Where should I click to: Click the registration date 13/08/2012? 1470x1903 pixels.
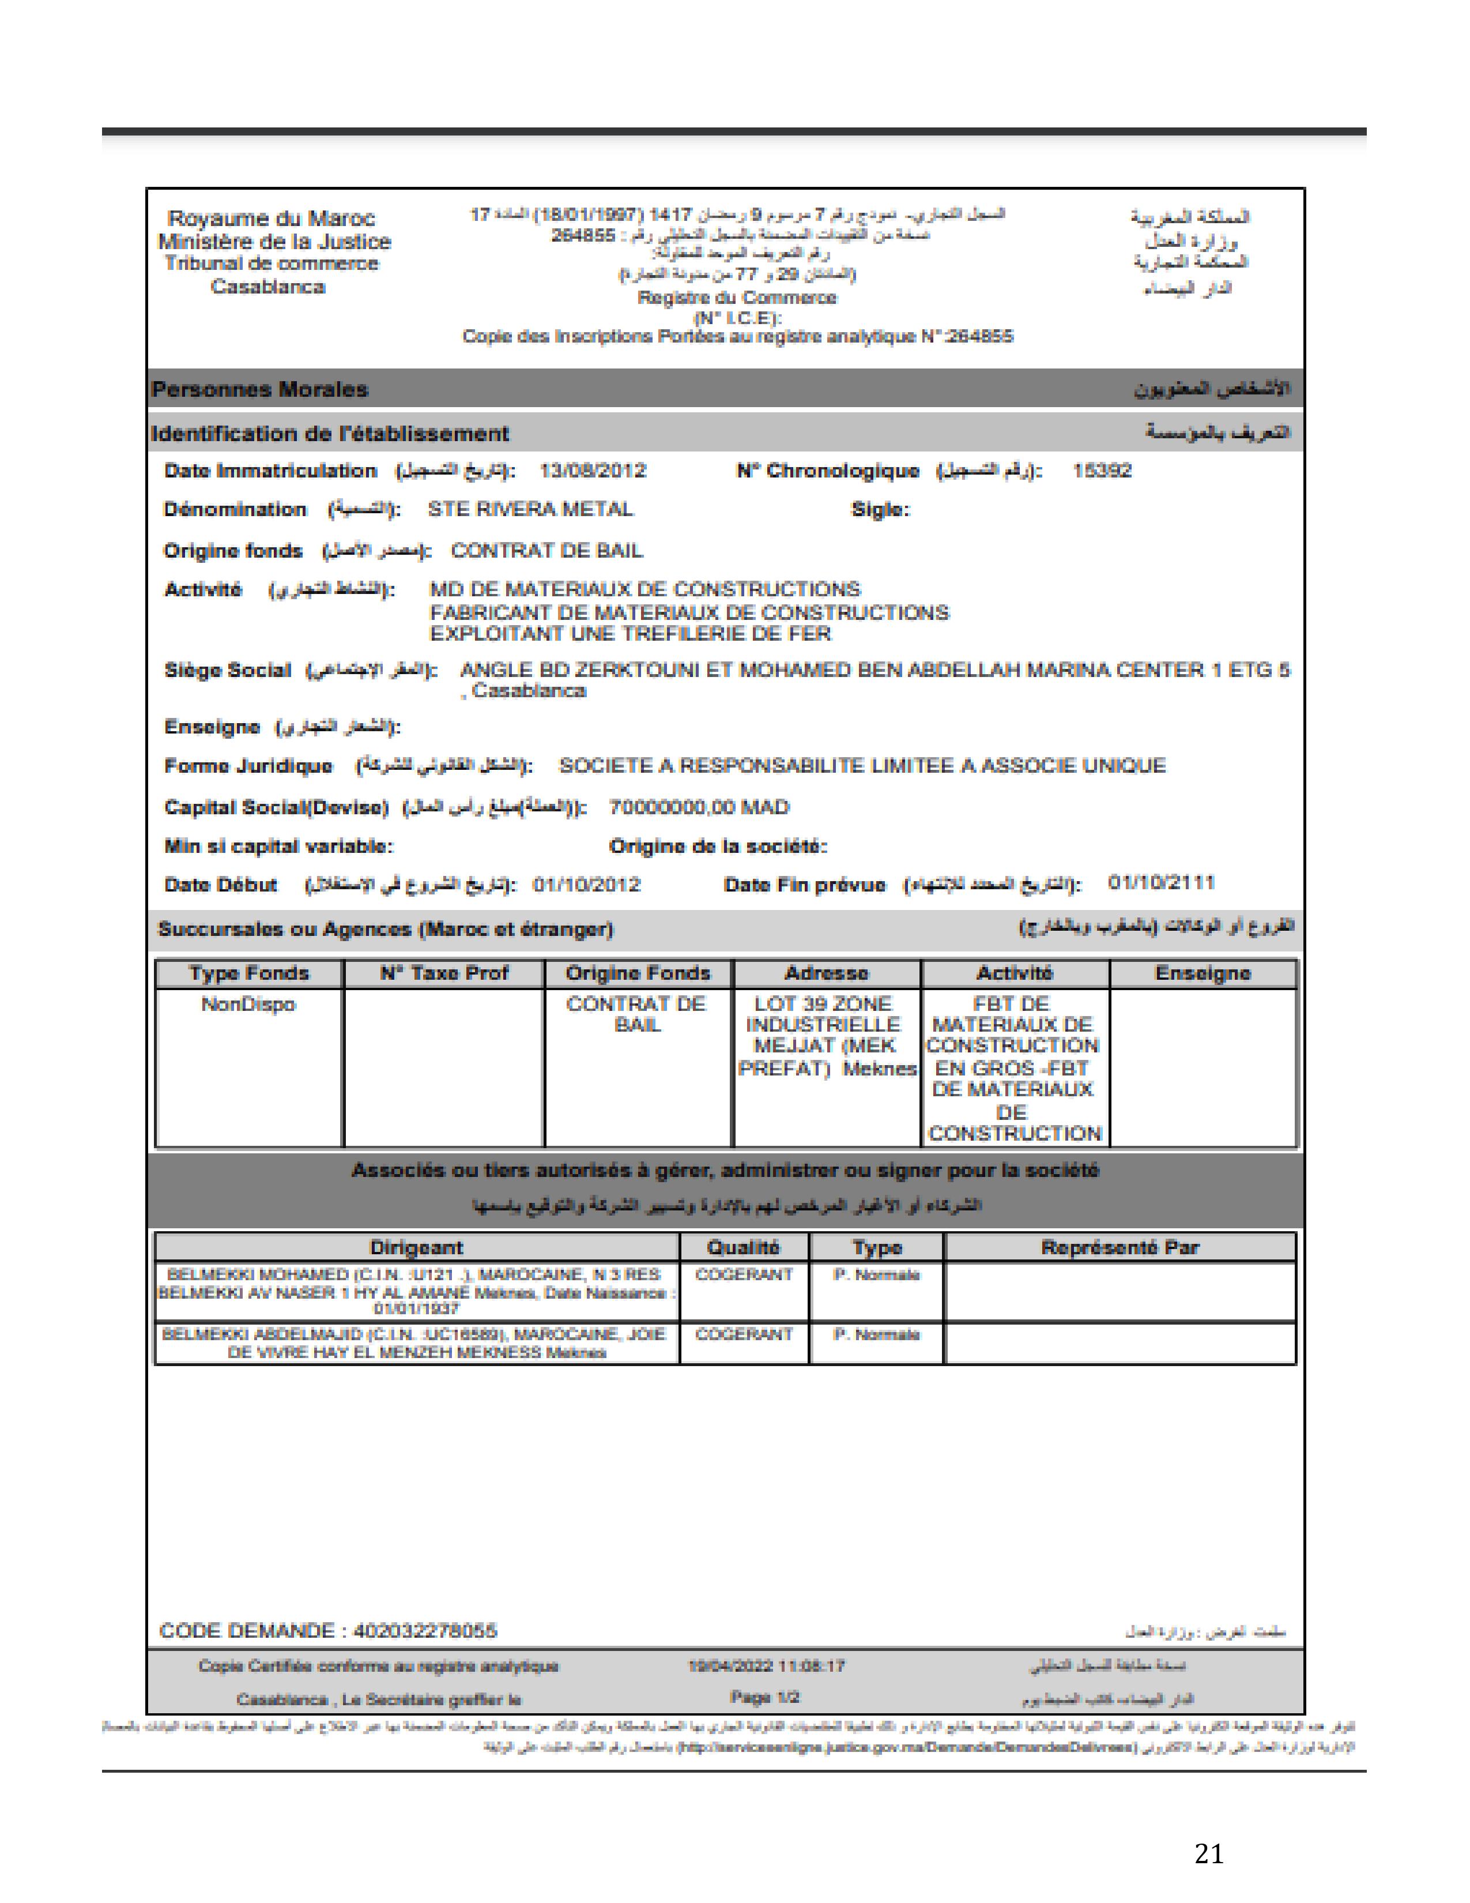point(592,471)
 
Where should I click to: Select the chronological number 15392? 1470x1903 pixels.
point(1102,471)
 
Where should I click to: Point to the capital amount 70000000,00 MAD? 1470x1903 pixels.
point(699,808)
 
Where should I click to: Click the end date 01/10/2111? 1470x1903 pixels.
point(1161,883)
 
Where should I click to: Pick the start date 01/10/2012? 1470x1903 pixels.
point(586,885)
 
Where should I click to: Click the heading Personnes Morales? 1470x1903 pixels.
point(259,389)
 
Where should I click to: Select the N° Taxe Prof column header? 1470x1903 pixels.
point(444,973)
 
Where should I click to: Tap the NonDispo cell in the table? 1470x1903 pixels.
point(248,1005)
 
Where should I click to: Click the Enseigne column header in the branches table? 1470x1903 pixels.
point(1203,973)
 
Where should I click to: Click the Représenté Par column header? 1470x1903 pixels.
point(1120,1248)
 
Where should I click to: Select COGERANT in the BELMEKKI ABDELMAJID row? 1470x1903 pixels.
point(744,1334)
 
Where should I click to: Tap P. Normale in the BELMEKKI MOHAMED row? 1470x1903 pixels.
point(876,1275)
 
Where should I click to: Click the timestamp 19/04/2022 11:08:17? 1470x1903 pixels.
point(766,1666)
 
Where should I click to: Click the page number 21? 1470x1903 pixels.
point(1209,1853)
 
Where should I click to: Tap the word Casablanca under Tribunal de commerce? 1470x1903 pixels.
point(267,287)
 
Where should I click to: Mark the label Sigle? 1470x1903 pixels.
point(880,510)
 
